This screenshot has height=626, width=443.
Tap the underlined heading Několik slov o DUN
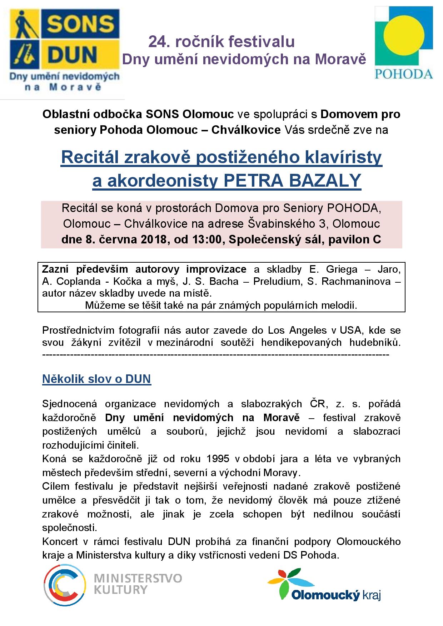click(x=96, y=379)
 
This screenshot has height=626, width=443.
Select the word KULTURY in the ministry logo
click(x=121, y=590)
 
